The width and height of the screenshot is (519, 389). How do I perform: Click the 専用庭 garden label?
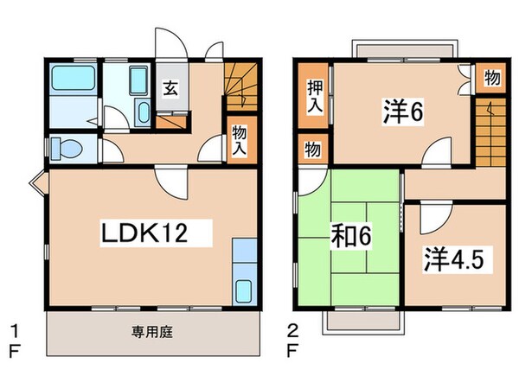[x=151, y=332]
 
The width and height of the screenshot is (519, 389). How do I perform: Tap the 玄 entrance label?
[x=171, y=88]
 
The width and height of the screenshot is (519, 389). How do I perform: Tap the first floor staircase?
[x=241, y=86]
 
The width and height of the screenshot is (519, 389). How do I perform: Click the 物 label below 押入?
[x=312, y=149]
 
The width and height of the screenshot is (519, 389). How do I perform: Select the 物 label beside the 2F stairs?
[x=490, y=78]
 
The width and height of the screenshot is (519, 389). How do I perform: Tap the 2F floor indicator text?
[x=293, y=339]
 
